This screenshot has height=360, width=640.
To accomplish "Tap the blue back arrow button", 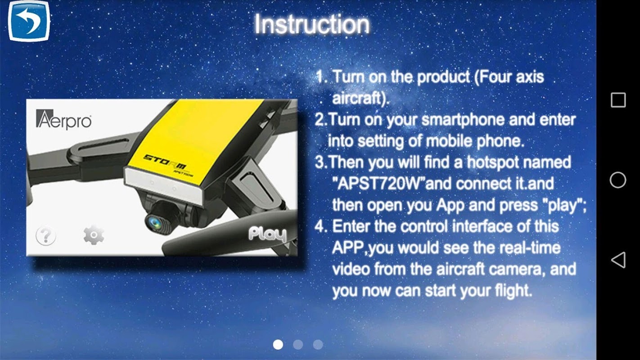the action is [29, 21].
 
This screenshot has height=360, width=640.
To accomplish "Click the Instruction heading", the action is [312, 24].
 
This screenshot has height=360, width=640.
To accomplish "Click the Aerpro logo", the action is [64, 119].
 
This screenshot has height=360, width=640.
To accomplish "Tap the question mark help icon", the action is [46, 235].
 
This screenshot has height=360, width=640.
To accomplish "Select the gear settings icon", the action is [94, 235].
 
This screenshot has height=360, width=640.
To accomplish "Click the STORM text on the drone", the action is [165, 162].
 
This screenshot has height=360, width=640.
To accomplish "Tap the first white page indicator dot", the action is [278, 344].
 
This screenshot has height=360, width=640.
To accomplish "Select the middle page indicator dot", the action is [298, 344].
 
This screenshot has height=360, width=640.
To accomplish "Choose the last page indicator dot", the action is [318, 344].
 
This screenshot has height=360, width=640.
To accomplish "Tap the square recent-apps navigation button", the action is [618, 100].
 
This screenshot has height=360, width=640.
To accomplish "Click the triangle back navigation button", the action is [618, 260].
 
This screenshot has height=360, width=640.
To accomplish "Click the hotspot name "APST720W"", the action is [379, 184].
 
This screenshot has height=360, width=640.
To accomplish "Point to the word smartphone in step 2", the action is [463, 120].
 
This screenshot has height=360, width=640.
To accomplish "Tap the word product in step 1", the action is [444, 77].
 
